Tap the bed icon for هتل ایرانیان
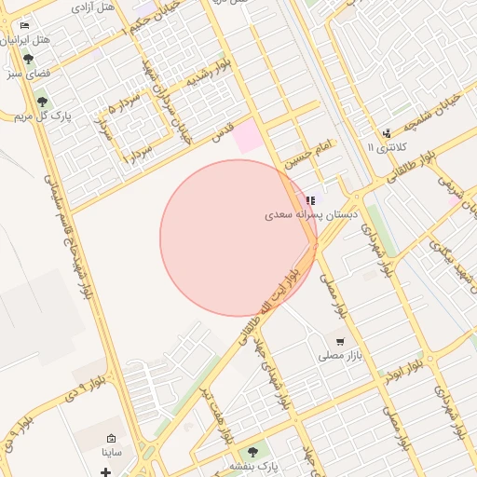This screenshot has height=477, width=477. pos(24,25)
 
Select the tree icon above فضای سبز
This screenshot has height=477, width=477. pos(28,58)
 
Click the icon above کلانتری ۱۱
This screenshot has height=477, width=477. pos(387,133)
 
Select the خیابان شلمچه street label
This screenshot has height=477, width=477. pos(429,117)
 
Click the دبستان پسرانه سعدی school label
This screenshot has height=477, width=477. pos(297,214)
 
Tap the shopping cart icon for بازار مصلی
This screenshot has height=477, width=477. pos(339,343)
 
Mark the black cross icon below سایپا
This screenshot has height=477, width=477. pos(105,472)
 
